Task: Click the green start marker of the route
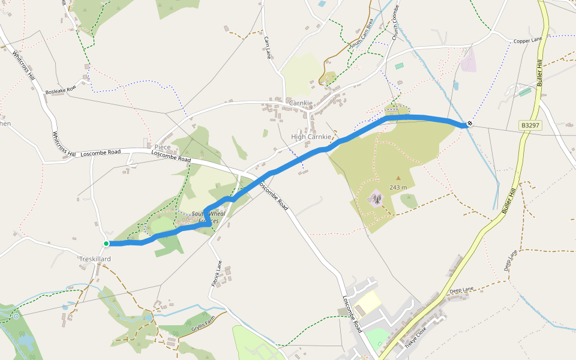[x=106, y=244]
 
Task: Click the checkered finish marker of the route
[x=470, y=124]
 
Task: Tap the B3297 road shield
[x=530, y=125]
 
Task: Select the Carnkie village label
[x=301, y=103]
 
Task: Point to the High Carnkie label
[x=311, y=137]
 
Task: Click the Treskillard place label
[x=95, y=259]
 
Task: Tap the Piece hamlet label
[x=163, y=147]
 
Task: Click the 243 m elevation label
[x=398, y=187]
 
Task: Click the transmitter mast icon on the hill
[x=376, y=199]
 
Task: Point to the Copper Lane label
[x=528, y=41]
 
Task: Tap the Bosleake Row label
[x=61, y=91]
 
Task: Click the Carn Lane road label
[x=268, y=47]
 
